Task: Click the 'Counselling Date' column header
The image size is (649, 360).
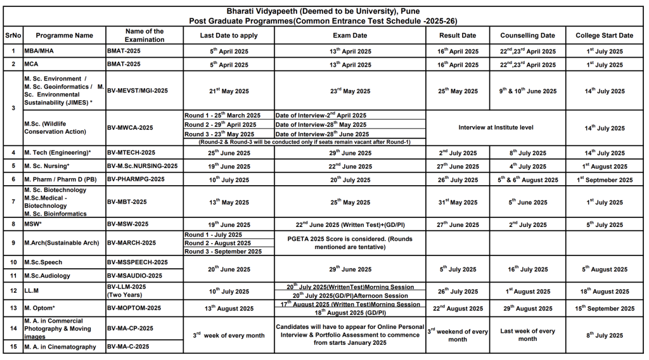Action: (x=527, y=35)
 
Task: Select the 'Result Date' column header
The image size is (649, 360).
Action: (x=458, y=35)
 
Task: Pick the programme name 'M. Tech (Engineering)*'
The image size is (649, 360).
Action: (x=58, y=153)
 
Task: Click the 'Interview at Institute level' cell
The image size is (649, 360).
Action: (x=496, y=127)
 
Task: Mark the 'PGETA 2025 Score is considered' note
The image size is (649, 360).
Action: (x=350, y=243)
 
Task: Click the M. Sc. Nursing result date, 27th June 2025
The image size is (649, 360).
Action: (x=458, y=167)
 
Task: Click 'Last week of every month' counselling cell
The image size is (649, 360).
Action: (x=527, y=335)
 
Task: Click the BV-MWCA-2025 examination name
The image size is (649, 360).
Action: (x=130, y=127)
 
